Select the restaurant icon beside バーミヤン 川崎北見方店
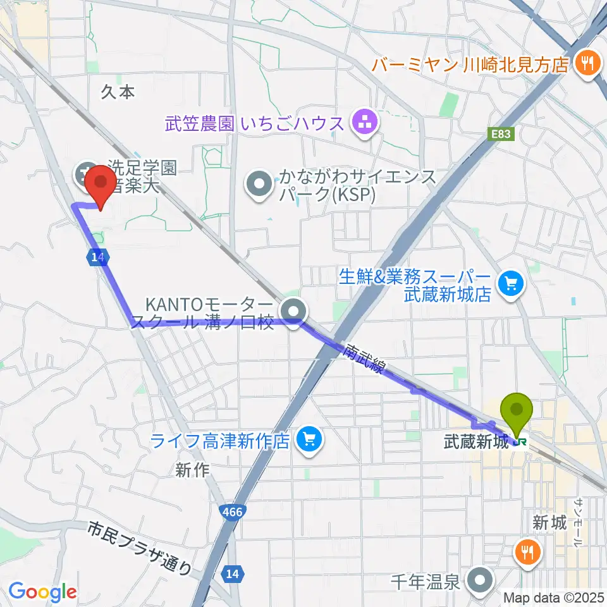587,63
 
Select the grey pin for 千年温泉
481,579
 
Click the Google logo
42,592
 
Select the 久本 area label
118,92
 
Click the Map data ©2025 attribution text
554,597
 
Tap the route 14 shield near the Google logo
232,573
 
